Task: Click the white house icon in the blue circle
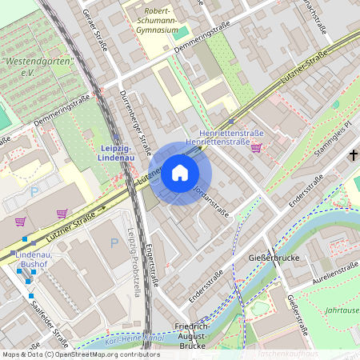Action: (x=180, y=173)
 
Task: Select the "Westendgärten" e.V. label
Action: (x=37, y=66)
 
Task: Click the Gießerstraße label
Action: (x=298, y=314)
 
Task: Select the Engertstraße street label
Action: (x=153, y=265)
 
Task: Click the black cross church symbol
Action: (x=352, y=154)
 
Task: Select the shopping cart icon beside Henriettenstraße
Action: (x=256, y=148)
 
